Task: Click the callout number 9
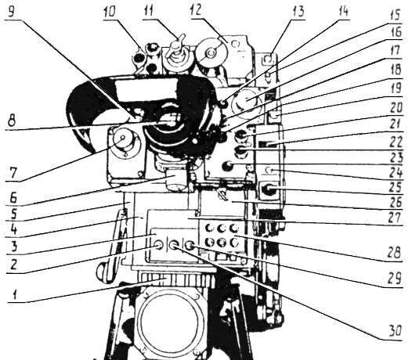11,13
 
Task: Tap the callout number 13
298,13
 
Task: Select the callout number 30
395,331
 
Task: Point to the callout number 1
15,295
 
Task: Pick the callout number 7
13,173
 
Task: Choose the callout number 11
150,13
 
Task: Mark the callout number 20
396,108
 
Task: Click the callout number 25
396,187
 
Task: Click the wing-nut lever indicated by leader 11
178,44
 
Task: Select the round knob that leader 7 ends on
123,138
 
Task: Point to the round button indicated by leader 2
159,246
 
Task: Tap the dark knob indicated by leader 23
228,165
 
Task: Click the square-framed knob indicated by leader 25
269,189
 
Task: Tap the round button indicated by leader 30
173,246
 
